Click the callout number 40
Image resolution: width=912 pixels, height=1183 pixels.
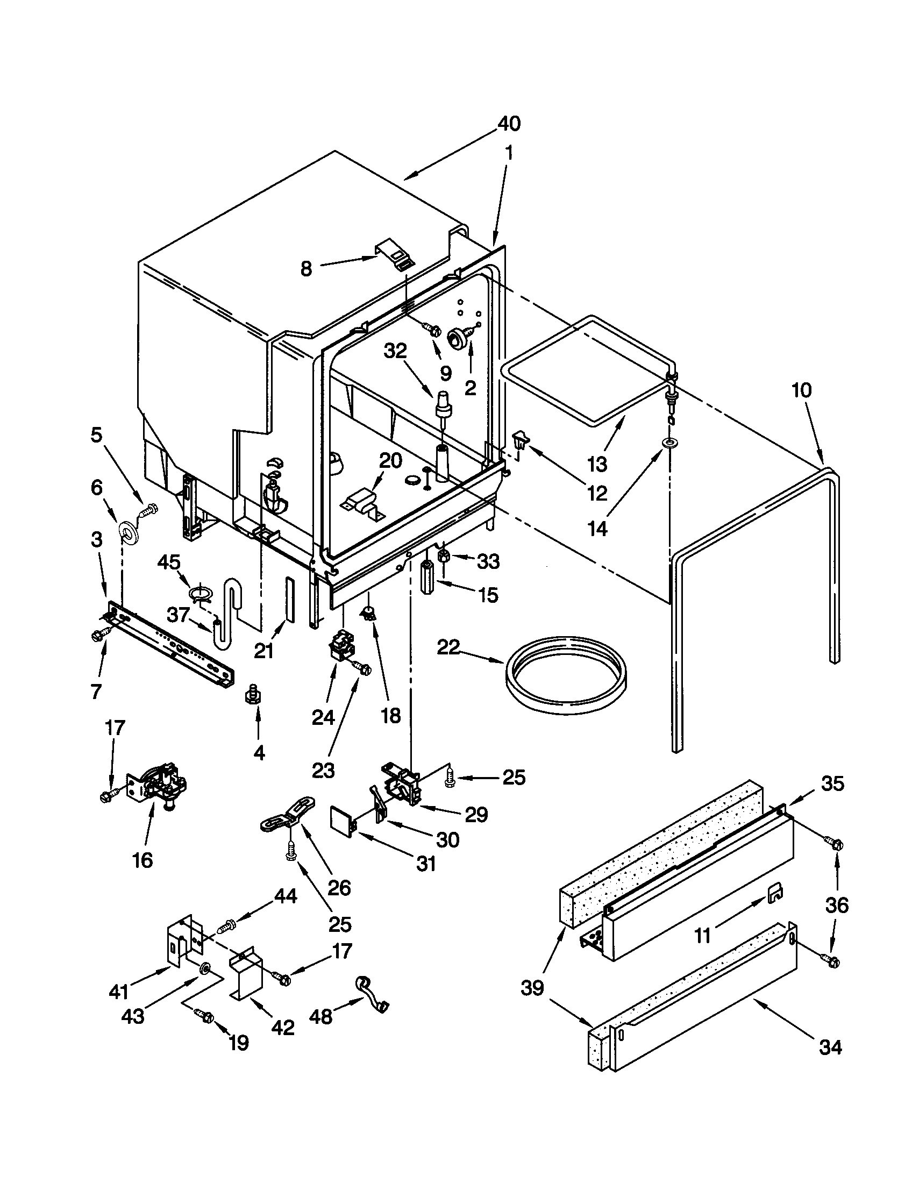point(509,124)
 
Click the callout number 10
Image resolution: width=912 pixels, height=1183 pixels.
point(802,390)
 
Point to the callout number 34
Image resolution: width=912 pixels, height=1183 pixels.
point(830,1047)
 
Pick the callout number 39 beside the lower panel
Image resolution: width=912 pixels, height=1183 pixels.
point(532,988)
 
